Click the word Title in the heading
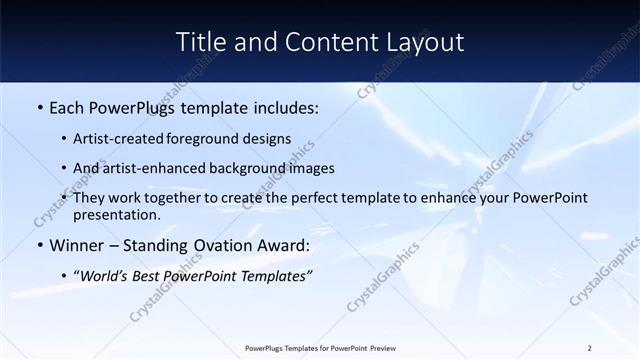[x=200, y=42]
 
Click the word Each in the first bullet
[x=66, y=108]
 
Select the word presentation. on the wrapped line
[x=116, y=215]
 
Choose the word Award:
[x=283, y=245]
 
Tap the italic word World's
[x=108, y=275]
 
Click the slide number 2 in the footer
[x=589, y=348]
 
